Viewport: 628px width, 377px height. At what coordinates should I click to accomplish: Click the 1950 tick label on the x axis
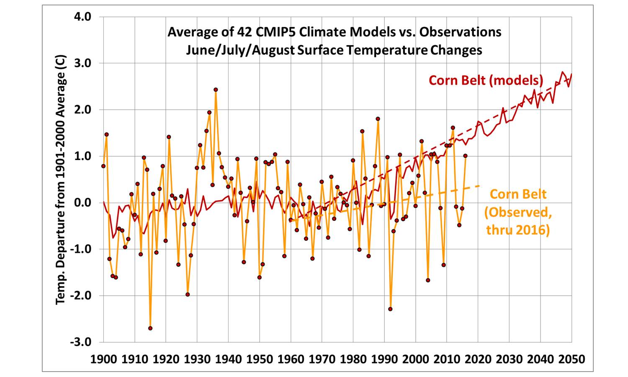pyautogui.click(x=260, y=359)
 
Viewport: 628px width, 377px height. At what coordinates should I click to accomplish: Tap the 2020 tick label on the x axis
pyautogui.click(x=478, y=359)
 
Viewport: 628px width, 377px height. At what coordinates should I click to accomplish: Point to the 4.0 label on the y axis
pyautogui.click(x=82, y=17)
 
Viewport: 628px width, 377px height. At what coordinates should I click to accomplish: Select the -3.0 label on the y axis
pyautogui.click(x=80, y=342)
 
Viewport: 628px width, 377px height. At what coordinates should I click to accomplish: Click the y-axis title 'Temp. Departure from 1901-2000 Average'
pyautogui.click(x=61, y=179)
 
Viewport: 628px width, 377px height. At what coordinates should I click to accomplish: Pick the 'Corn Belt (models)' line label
pyautogui.click(x=486, y=80)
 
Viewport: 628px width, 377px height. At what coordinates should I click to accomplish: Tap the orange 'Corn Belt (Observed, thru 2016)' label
pyautogui.click(x=517, y=212)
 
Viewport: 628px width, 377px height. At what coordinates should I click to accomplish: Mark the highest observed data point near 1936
pyautogui.click(x=216, y=90)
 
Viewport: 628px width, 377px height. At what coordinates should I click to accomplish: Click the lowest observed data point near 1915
pyautogui.click(x=150, y=328)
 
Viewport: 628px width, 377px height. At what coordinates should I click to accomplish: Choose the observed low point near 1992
pyautogui.click(x=390, y=309)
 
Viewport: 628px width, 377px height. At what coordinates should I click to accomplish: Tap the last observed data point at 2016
pyautogui.click(x=465, y=156)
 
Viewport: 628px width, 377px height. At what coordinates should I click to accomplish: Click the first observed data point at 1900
pyautogui.click(x=103, y=166)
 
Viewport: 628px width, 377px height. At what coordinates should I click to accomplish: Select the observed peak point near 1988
pyautogui.click(x=378, y=119)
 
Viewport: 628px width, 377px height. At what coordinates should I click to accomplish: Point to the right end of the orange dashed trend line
pyautogui.click(x=479, y=186)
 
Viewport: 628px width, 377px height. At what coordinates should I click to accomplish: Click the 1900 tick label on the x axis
pyautogui.click(x=103, y=359)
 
